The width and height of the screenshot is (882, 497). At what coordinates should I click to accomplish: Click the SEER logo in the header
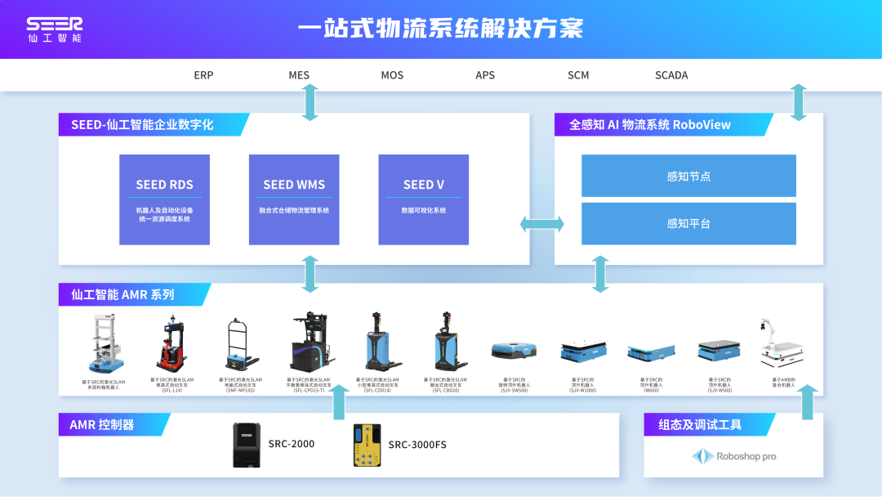tap(54, 29)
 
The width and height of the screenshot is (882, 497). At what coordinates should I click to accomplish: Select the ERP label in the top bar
tap(203, 75)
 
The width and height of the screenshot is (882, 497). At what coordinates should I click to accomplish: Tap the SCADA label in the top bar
tap(671, 75)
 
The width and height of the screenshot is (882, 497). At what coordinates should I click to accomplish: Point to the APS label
tap(485, 75)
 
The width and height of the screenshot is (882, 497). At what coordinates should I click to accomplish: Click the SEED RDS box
tap(164, 199)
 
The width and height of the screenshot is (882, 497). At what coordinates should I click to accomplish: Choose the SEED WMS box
tap(294, 199)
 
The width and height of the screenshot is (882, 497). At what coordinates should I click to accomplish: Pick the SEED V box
tap(423, 199)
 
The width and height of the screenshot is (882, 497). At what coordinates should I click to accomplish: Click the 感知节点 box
tap(688, 176)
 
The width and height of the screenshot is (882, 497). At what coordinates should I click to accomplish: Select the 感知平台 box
tap(688, 223)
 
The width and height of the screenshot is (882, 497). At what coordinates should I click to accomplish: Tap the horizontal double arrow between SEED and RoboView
tap(542, 223)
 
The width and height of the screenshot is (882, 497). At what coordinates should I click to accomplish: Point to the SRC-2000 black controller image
tap(246, 445)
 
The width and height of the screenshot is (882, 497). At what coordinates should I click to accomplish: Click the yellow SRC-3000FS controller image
tap(367, 445)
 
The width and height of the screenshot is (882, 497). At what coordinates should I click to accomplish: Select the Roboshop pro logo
tap(733, 456)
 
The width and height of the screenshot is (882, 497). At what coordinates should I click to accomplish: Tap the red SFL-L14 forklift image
tap(171, 346)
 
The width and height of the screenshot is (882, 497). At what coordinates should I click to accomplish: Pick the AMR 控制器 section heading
tap(102, 424)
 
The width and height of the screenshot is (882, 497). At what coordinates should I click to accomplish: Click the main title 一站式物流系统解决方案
tap(441, 29)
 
